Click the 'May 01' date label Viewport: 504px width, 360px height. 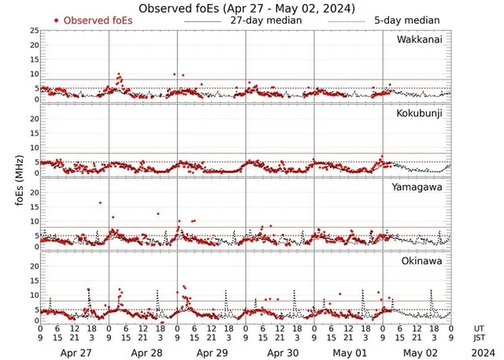coord(348,354)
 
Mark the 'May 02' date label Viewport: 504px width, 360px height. coord(417,354)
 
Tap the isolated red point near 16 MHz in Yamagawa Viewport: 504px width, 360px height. coord(100,203)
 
